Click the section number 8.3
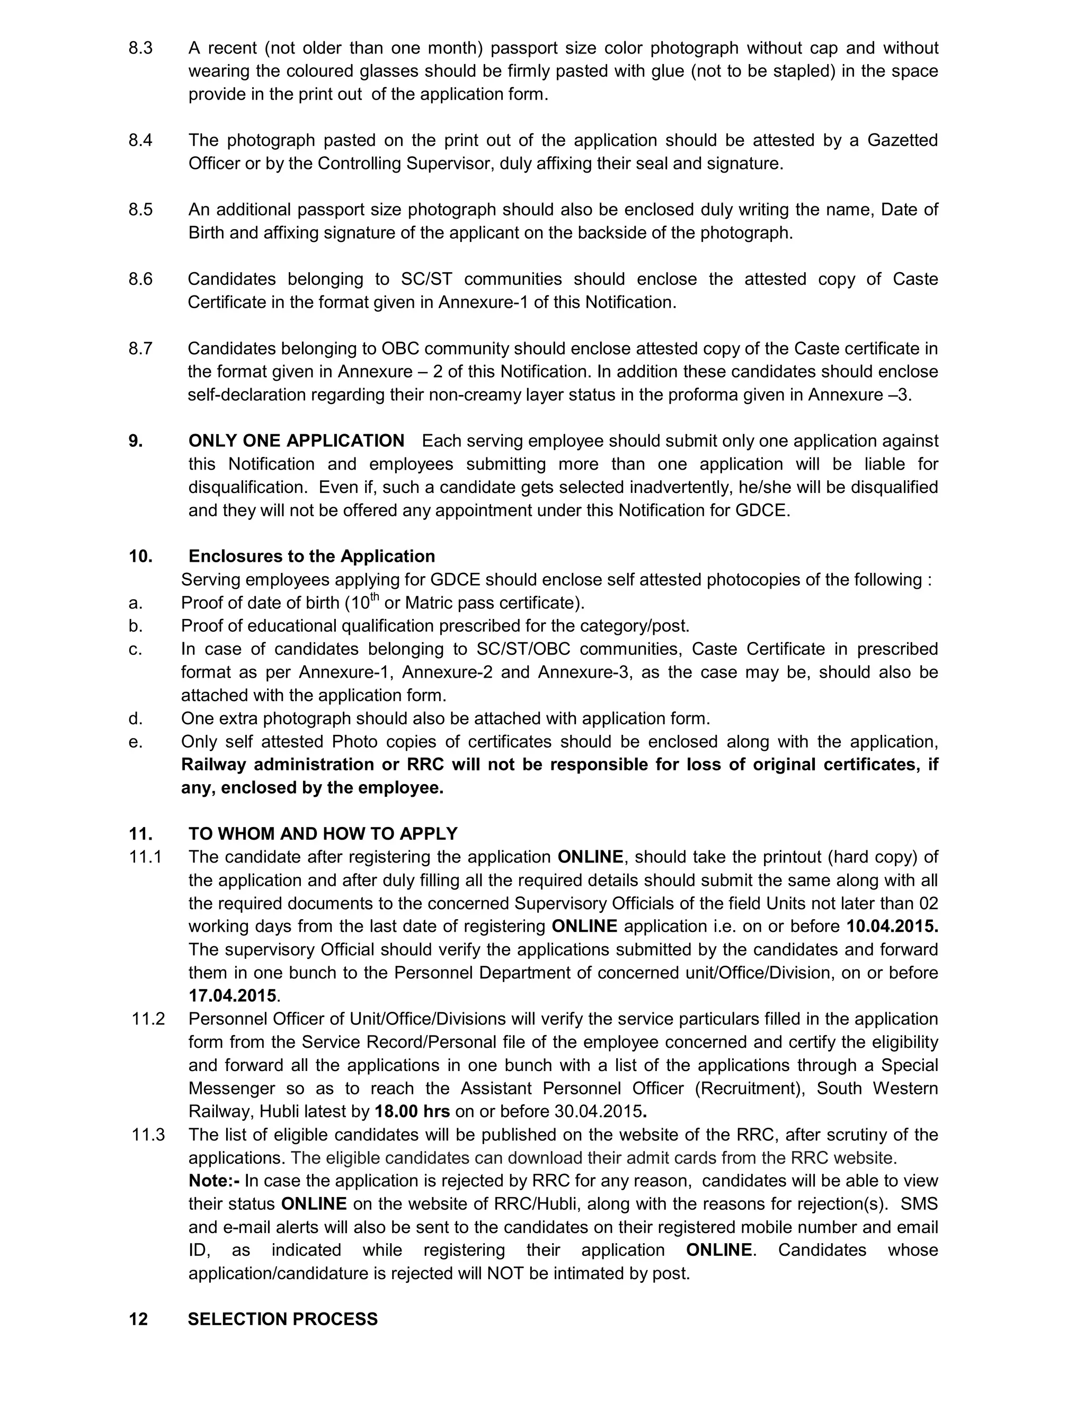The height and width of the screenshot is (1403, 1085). [141, 48]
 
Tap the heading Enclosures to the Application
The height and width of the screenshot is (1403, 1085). [312, 556]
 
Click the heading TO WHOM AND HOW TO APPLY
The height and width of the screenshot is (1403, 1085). [323, 834]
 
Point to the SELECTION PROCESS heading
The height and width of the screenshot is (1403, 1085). [282, 1319]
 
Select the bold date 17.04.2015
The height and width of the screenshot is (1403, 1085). [233, 996]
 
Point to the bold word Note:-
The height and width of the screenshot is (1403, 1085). [214, 1181]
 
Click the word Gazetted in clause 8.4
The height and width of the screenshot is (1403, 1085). [902, 141]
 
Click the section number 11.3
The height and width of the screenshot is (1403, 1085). [148, 1135]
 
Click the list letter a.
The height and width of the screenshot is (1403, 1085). [135, 603]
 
